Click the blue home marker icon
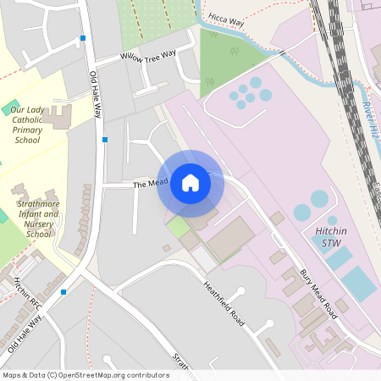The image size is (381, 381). point(190,182)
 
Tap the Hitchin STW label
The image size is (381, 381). point(319,237)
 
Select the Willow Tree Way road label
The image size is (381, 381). point(148,56)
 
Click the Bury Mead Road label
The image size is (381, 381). point(318,292)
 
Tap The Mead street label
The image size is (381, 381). point(149,183)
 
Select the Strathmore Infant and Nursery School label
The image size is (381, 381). point(38,218)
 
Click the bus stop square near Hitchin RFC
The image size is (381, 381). point(63,292)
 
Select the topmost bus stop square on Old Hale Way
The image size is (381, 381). point(83,38)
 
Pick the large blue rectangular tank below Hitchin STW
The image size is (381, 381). point(359,284)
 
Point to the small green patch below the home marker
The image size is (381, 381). point(178,227)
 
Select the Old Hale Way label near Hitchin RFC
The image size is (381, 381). point(25,334)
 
